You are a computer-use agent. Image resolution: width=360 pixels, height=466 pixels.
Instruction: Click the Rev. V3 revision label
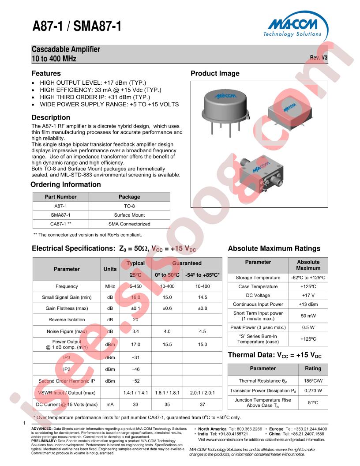pos(319,57)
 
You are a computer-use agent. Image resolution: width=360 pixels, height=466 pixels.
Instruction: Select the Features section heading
pos(46,74)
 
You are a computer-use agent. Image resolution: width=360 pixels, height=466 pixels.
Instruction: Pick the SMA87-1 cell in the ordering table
pos(61,215)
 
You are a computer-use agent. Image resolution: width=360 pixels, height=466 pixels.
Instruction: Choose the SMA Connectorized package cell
pos(129,224)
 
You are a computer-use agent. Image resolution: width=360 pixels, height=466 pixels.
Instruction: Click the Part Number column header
pos(61,197)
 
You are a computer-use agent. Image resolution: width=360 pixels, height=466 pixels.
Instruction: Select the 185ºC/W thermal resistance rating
pos(313,380)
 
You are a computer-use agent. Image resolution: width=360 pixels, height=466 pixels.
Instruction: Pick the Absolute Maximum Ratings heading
pos(274,249)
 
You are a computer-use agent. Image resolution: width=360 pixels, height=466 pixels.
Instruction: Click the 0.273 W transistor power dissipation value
pos(313,391)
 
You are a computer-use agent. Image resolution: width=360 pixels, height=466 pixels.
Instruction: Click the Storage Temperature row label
pos(258,278)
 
